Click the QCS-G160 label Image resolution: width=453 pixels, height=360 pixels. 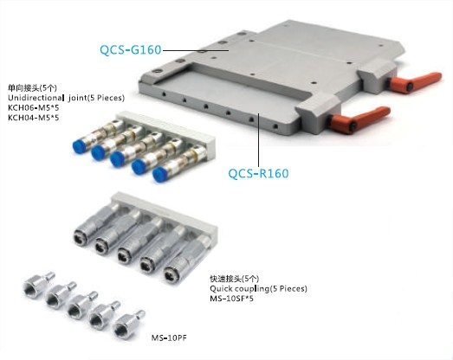click(130, 49)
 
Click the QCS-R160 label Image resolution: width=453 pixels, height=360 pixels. click(258, 173)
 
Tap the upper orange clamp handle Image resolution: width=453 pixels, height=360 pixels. click(415, 81)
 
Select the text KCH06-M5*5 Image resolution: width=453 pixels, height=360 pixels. click(34, 107)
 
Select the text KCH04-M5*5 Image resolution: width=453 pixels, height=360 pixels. click(34, 118)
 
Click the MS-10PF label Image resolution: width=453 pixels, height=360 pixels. click(169, 337)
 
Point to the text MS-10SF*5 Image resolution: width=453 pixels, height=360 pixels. click(232, 299)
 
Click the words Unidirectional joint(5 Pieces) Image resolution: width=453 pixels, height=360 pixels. click(66, 98)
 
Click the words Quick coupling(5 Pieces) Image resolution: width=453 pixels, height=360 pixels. click(259, 288)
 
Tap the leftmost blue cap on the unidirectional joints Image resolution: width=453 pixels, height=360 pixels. click(79, 146)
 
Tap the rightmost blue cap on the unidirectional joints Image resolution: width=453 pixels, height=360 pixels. click(159, 174)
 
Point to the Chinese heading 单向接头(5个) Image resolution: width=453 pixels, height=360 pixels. click(32, 87)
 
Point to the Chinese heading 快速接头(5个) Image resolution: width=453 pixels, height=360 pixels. click(235, 279)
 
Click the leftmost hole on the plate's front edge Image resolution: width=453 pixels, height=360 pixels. click(164, 94)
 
